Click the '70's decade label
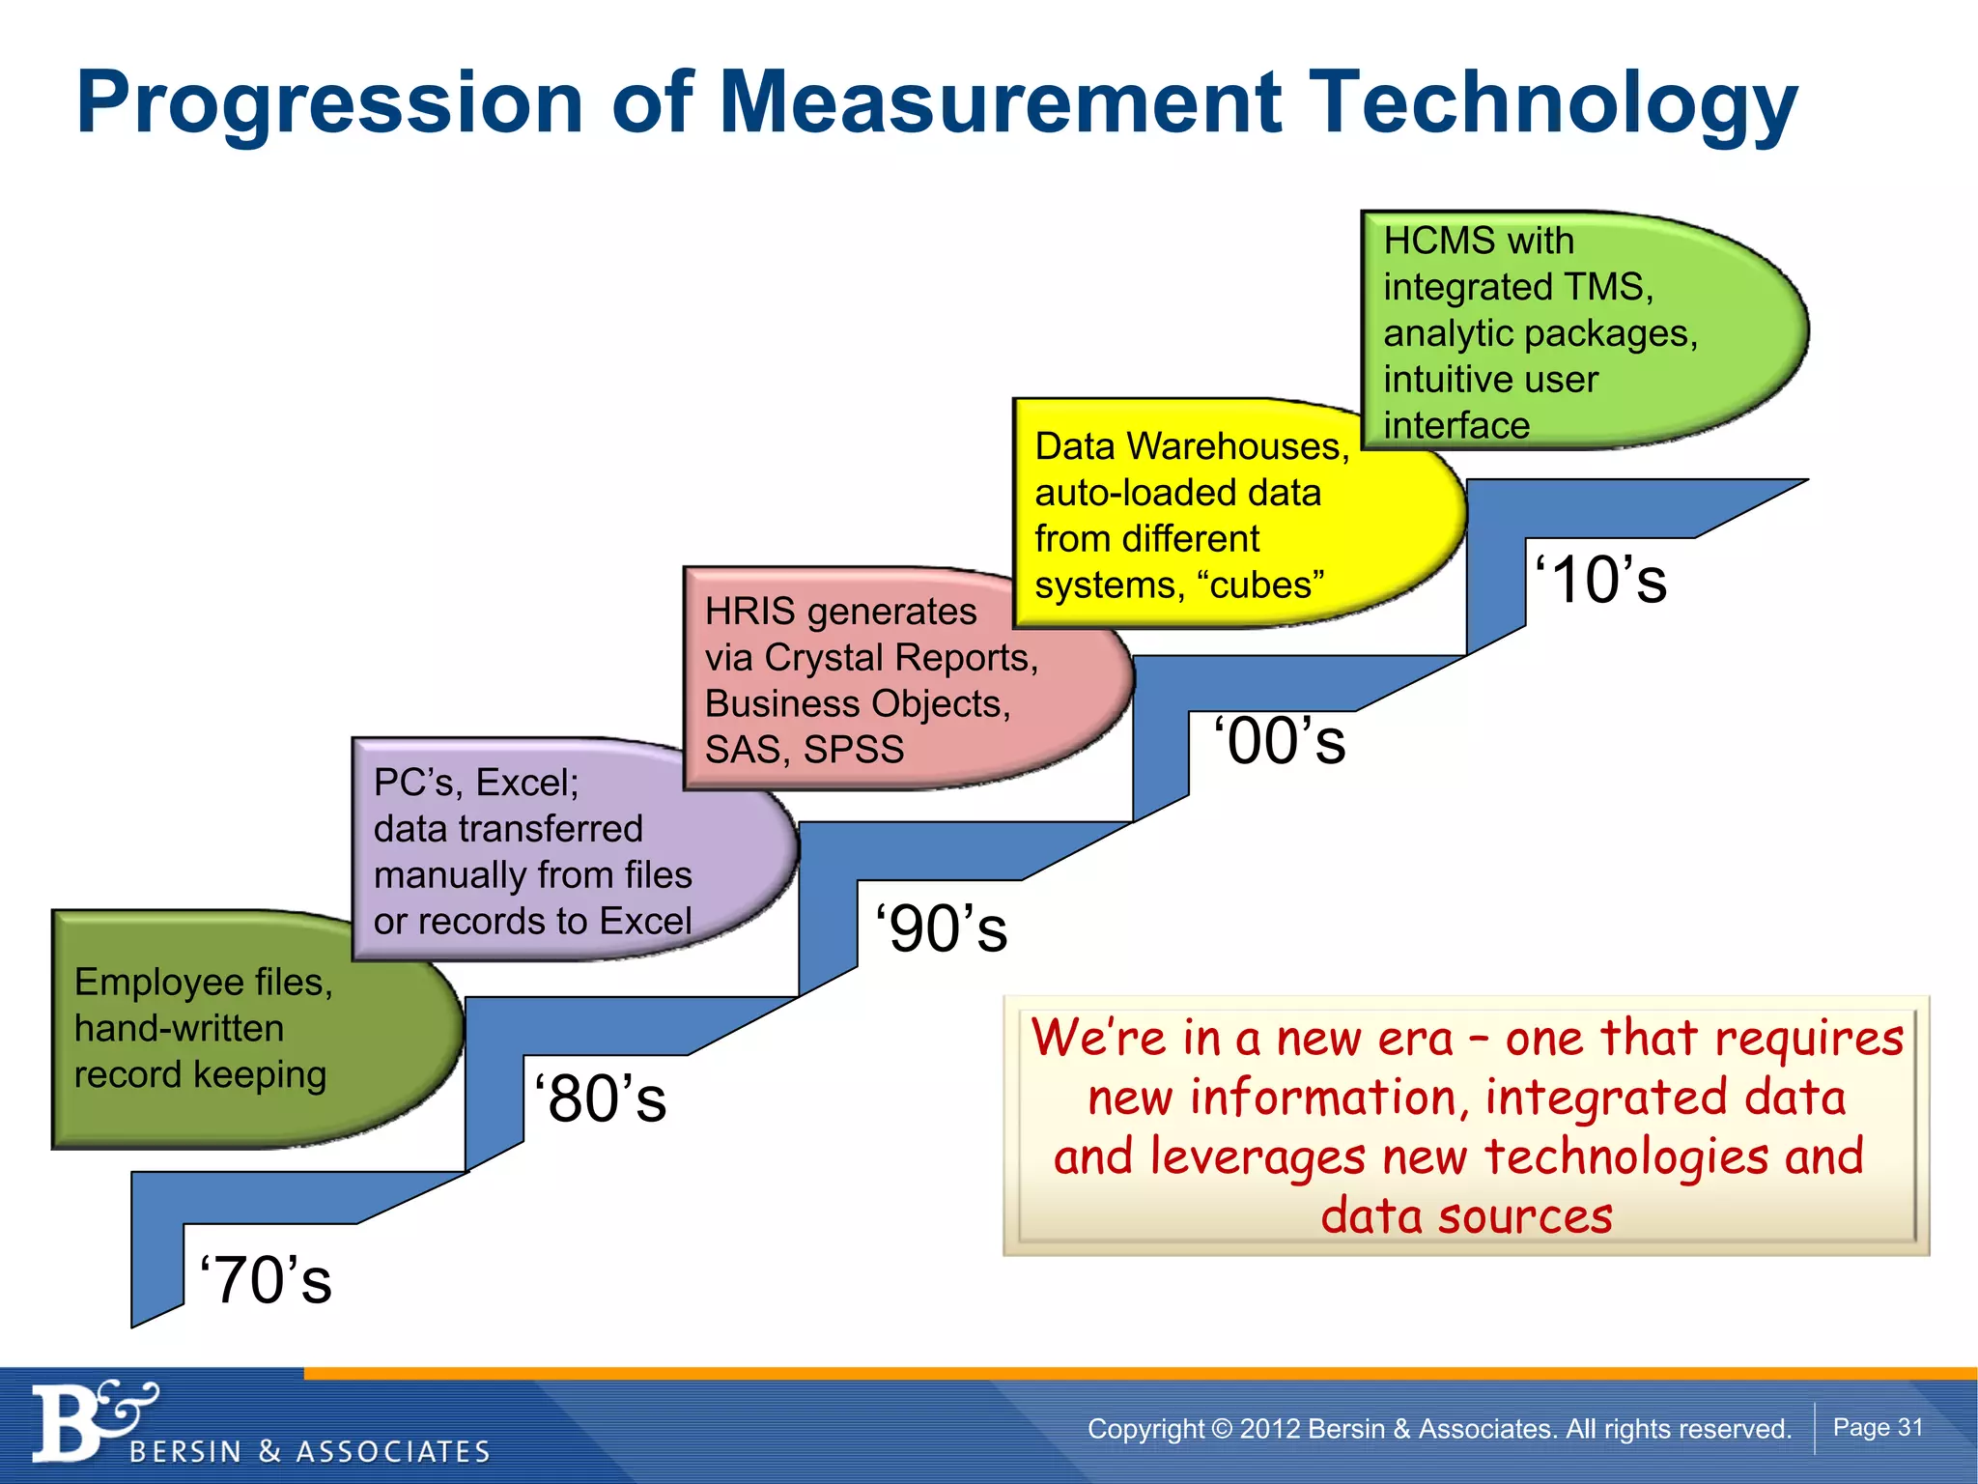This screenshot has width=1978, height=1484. tap(266, 1281)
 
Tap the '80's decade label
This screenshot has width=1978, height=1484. tap(600, 1099)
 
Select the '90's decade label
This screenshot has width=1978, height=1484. tap(941, 929)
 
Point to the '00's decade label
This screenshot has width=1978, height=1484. tap(1279, 742)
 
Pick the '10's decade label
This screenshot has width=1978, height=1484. tap(1600, 581)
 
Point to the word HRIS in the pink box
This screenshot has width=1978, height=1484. tap(749, 612)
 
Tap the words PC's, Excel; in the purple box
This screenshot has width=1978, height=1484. tap(476, 783)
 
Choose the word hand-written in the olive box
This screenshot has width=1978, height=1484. tap(179, 1028)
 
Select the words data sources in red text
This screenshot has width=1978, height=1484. tap(1466, 1215)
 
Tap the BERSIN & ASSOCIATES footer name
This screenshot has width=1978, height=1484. tap(309, 1452)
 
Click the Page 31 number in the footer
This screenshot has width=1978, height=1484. tap(1878, 1428)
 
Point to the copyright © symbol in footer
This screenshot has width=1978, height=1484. tap(1221, 1429)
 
